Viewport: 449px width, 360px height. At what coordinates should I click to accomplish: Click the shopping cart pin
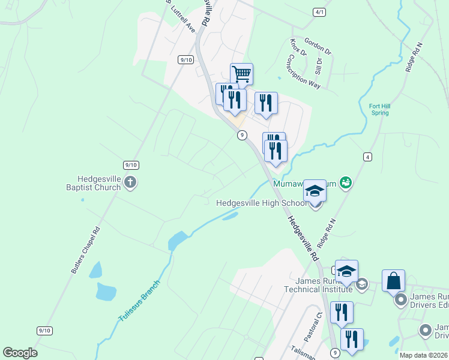[241, 74]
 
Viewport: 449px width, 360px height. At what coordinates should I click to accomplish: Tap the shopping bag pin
[393, 281]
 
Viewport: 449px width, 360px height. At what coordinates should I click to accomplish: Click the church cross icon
[131, 183]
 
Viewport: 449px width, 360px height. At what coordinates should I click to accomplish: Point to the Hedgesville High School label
[259, 203]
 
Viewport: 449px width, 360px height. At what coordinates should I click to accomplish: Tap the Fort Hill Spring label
[380, 109]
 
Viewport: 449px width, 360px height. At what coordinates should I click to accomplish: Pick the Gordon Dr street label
[318, 46]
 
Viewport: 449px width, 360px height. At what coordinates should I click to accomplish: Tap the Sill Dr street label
[319, 65]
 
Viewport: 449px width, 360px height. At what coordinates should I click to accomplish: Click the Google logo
[20, 353]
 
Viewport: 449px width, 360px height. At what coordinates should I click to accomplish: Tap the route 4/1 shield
[319, 12]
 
